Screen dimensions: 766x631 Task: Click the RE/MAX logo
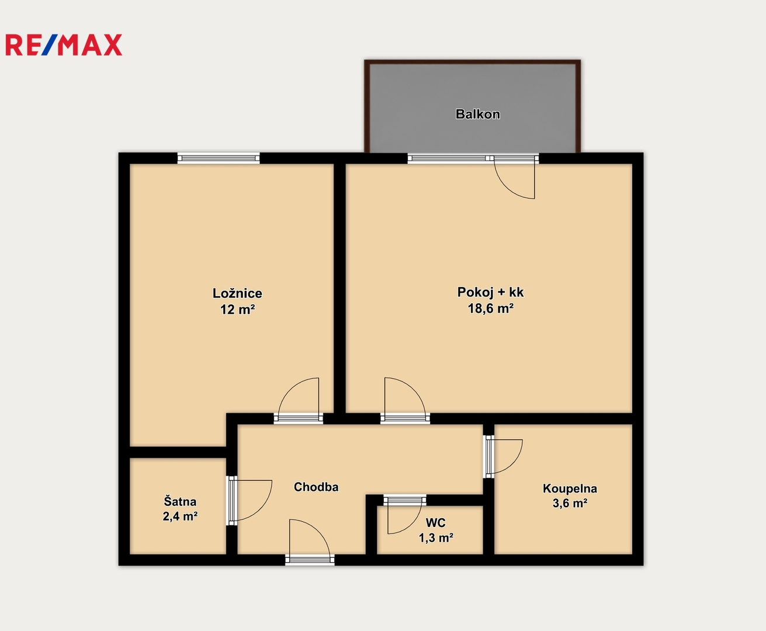point(64,45)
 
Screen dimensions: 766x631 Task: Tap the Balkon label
point(477,114)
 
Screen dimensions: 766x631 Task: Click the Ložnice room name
point(237,293)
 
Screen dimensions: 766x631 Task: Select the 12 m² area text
point(237,309)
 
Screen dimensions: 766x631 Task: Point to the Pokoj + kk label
point(490,292)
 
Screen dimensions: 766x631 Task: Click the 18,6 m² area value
point(490,308)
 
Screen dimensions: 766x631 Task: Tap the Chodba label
point(316,487)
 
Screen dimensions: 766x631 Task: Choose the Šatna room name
point(180,501)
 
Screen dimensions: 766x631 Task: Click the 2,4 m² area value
point(180,516)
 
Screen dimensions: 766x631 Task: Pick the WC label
point(436,522)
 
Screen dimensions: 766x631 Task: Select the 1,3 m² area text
point(436,538)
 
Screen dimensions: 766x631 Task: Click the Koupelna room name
point(570,488)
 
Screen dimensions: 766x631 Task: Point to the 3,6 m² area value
point(570,503)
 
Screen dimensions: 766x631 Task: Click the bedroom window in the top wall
point(219,158)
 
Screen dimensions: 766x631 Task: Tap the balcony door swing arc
point(508,188)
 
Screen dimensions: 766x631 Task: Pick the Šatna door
point(249,500)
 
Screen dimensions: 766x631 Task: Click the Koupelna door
point(503,457)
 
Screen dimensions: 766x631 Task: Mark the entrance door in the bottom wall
point(310,542)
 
